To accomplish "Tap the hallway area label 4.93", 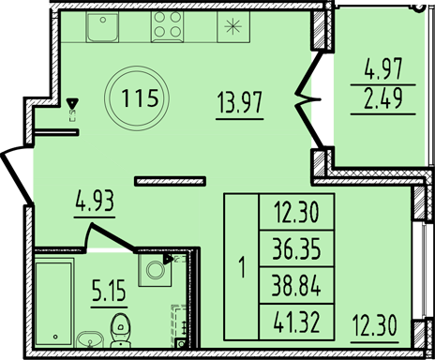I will click(x=96, y=201).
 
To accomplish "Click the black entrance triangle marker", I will click(x=72, y=104).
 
